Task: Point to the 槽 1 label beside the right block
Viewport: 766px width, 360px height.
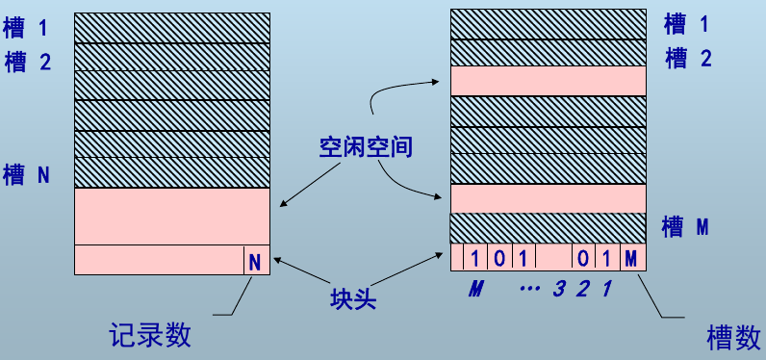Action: click(688, 23)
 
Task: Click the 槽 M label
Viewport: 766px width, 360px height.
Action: click(686, 227)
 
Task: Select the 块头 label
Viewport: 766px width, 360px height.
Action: click(350, 296)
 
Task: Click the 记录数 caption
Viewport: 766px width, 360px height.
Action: click(151, 334)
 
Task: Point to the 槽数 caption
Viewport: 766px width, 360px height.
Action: click(733, 337)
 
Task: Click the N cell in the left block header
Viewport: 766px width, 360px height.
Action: click(255, 261)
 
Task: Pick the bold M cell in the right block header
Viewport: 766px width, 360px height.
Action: click(630, 258)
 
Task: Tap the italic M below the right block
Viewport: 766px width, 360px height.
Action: click(474, 288)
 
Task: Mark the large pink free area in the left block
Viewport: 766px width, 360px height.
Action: click(171, 216)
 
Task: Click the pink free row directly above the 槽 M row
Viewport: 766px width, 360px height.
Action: click(547, 198)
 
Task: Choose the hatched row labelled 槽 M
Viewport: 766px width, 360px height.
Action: click(547, 228)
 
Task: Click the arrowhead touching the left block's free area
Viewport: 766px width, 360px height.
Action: click(281, 203)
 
